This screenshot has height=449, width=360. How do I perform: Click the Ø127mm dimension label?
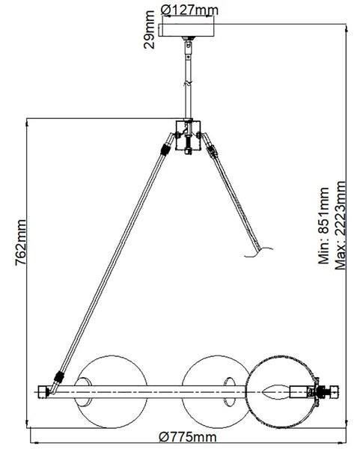coord(189,10)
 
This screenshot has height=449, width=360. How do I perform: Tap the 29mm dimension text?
coord(149,29)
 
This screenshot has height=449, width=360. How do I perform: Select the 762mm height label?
coord(21,242)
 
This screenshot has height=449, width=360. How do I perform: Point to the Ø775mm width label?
coord(188,438)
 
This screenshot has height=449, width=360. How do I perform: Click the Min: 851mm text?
coord(324,226)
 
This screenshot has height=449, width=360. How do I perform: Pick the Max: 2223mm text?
coord(341,225)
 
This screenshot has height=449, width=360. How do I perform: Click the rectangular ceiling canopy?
coord(186,30)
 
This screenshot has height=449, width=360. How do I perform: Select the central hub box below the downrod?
coord(188,135)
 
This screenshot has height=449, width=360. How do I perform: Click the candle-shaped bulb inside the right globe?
coord(275,391)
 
